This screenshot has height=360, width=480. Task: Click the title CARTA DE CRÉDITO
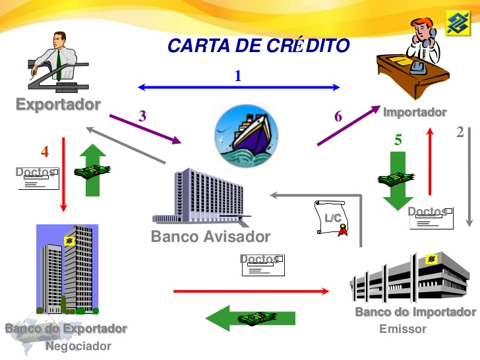[258, 46]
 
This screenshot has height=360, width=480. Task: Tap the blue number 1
[238, 76]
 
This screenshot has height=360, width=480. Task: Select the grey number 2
[460, 132]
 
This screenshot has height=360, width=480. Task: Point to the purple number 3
[142, 116]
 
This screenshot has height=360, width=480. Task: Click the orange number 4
[45, 152]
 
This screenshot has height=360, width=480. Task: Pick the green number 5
[398, 140]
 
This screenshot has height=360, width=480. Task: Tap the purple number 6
[338, 117]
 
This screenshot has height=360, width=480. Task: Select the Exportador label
[58, 104]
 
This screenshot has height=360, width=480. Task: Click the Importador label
[415, 112]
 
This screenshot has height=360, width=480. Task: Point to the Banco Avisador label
[210, 236]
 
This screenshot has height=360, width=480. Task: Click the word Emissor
[403, 329]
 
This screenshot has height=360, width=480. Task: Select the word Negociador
[78, 346]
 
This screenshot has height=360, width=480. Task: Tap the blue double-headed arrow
[238, 87]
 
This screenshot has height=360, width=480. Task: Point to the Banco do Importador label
[415, 313]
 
